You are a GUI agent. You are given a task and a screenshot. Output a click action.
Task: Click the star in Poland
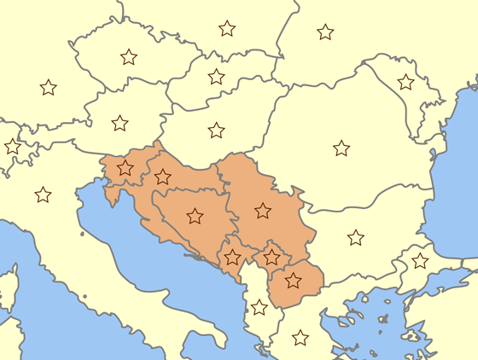(x=227, y=28)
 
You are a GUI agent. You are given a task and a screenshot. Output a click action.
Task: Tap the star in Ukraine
(x=325, y=32)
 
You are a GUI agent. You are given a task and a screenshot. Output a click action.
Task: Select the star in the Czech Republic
(x=129, y=57)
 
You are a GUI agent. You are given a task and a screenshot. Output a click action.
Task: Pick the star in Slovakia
(x=217, y=77)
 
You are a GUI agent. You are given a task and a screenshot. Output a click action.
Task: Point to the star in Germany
(x=49, y=87)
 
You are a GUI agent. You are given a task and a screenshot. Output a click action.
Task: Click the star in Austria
(x=119, y=123)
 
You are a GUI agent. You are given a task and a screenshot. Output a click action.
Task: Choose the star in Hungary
(x=217, y=131)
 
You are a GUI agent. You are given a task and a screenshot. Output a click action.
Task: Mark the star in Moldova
(x=406, y=82)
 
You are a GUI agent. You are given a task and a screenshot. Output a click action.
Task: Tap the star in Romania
(x=341, y=148)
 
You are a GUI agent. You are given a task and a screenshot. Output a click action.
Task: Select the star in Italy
(x=43, y=195)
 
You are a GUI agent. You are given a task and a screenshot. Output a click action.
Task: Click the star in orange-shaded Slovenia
(x=125, y=168)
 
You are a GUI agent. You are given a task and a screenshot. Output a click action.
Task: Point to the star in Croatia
(x=163, y=177)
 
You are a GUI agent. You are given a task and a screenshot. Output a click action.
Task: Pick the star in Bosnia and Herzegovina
(x=195, y=216)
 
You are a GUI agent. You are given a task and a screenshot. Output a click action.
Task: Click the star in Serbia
(x=263, y=210)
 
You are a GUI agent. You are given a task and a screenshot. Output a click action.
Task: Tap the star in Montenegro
(x=232, y=257)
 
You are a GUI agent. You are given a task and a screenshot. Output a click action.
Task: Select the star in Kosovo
(x=271, y=256)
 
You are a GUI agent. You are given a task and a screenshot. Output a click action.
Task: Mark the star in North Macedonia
(x=293, y=280)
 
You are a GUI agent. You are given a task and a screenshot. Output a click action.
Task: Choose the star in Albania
(x=259, y=307)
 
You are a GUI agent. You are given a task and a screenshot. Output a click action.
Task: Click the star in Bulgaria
(x=356, y=237)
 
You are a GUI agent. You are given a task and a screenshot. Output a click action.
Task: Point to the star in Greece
(x=300, y=338)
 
